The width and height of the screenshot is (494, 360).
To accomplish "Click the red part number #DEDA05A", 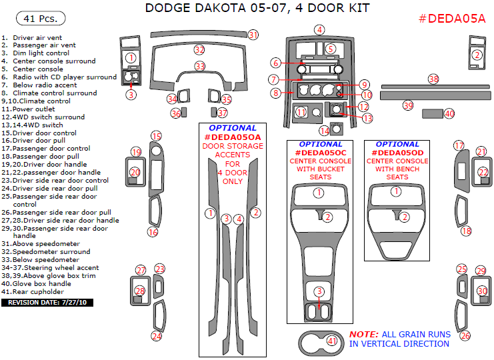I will [x=452, y=19].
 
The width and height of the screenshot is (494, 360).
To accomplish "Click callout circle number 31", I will [x=253, y=34].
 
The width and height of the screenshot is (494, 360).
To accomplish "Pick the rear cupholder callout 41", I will [x=332, y=341].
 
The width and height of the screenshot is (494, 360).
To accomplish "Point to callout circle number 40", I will [x=449, y=114].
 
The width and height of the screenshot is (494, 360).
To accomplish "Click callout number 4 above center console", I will [x=320, y=29].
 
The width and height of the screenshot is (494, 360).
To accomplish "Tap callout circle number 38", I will [x=433, y=79].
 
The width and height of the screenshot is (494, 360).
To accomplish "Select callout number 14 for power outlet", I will [x=325, y=131].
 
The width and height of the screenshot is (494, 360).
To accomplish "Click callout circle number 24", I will [x=156, y=336].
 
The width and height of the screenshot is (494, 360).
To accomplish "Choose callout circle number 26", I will [x=465, y=335].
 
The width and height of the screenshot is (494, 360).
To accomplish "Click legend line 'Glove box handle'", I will [x=37, y=283].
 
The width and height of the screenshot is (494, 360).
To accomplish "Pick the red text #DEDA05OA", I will [x=232, y=137].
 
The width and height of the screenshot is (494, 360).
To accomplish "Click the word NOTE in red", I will [x=364, y=334].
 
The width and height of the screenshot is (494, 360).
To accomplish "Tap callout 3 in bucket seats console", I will [x=319, y=291].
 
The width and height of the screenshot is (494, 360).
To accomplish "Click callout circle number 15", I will [x=156, y=136].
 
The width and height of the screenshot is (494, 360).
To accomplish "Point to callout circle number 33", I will [x=199, y=66].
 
